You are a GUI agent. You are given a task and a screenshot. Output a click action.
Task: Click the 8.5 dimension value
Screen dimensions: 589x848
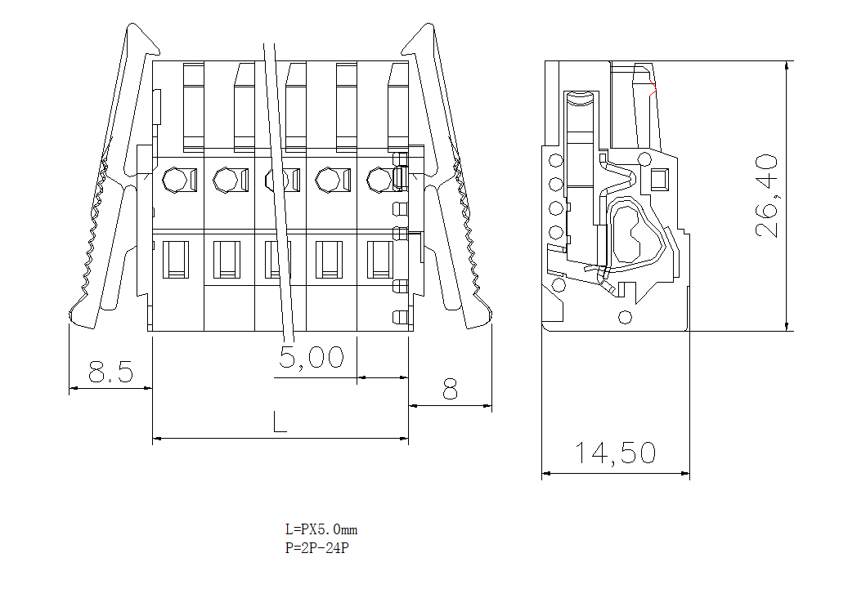pyautogui.click(x=110, y=373)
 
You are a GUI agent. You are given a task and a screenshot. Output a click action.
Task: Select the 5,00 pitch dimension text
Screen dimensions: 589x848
pyautogui.click(x=311, y=357)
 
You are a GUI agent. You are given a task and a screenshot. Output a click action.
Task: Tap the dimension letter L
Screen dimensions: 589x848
pyautogui.click(x=280, y=422)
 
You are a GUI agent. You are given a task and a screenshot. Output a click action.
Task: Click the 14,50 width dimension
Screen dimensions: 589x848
pyautogui.click(x=614, y=453)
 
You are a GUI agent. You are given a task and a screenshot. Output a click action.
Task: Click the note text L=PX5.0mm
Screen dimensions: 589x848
pyautogui.click(x=321, y=529)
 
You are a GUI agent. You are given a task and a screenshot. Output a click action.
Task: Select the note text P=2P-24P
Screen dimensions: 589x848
pyautogui.click(x=317, y=548)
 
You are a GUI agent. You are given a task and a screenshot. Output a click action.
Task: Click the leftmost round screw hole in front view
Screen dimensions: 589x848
pyautogui.click(x=175, y=179)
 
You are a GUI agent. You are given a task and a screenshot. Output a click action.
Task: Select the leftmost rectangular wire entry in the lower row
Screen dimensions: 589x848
pyautogui.click(x=175, y=259)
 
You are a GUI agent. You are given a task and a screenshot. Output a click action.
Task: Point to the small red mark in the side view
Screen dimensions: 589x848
pyautogui.click(x=653, y=87)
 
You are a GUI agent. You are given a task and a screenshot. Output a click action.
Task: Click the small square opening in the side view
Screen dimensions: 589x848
pyautogui.click(x=659, y=178)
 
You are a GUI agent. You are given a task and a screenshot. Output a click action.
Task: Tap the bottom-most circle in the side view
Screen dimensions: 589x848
pyautogui.click(x=626, y=316)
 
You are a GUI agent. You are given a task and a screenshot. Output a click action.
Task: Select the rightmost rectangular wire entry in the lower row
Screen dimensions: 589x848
pyautogui.click(x=380, y=259)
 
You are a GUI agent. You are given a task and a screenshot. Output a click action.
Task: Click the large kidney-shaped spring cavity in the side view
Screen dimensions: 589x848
pyautogui.click(x=630, y=233)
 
